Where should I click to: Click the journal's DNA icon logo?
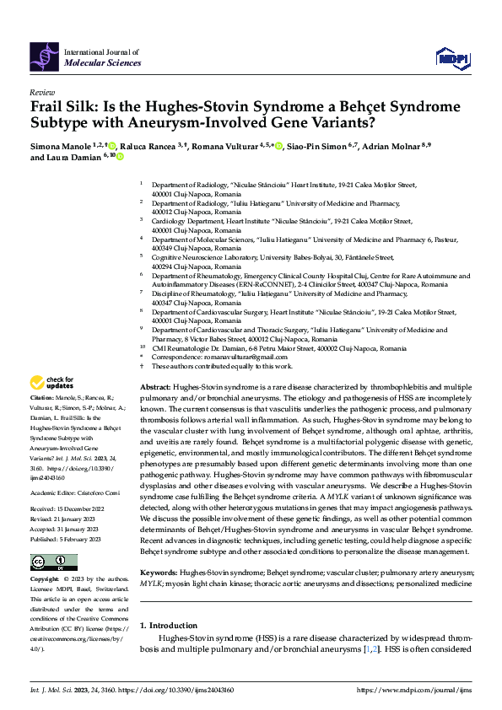[44, 56]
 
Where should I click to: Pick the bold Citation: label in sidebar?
[43, 395]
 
